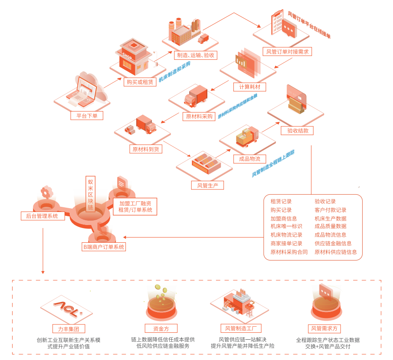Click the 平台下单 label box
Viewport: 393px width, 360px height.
click(87, 116)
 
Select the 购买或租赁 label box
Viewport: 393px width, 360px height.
click(139, 82)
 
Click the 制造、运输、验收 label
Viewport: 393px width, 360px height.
click(195, 55)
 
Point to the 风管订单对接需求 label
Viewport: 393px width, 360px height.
click(287, 51)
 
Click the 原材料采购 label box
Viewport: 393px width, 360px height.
click(199, 116)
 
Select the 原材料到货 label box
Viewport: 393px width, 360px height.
click(145, 149)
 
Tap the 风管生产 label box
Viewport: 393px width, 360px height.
click(207, 185)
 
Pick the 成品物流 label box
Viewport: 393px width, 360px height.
click(250, 159)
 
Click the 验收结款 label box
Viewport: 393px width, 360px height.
click(297, 131)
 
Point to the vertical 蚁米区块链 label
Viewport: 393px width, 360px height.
click(90, 193)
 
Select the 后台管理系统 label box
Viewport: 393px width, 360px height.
click(42, 215)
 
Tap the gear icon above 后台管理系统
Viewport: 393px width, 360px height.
click(46, 192)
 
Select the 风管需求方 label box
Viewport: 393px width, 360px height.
click(325, 328)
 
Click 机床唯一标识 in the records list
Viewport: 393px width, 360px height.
click(286, 226)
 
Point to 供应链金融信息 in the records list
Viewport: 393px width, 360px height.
click(333, 244)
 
